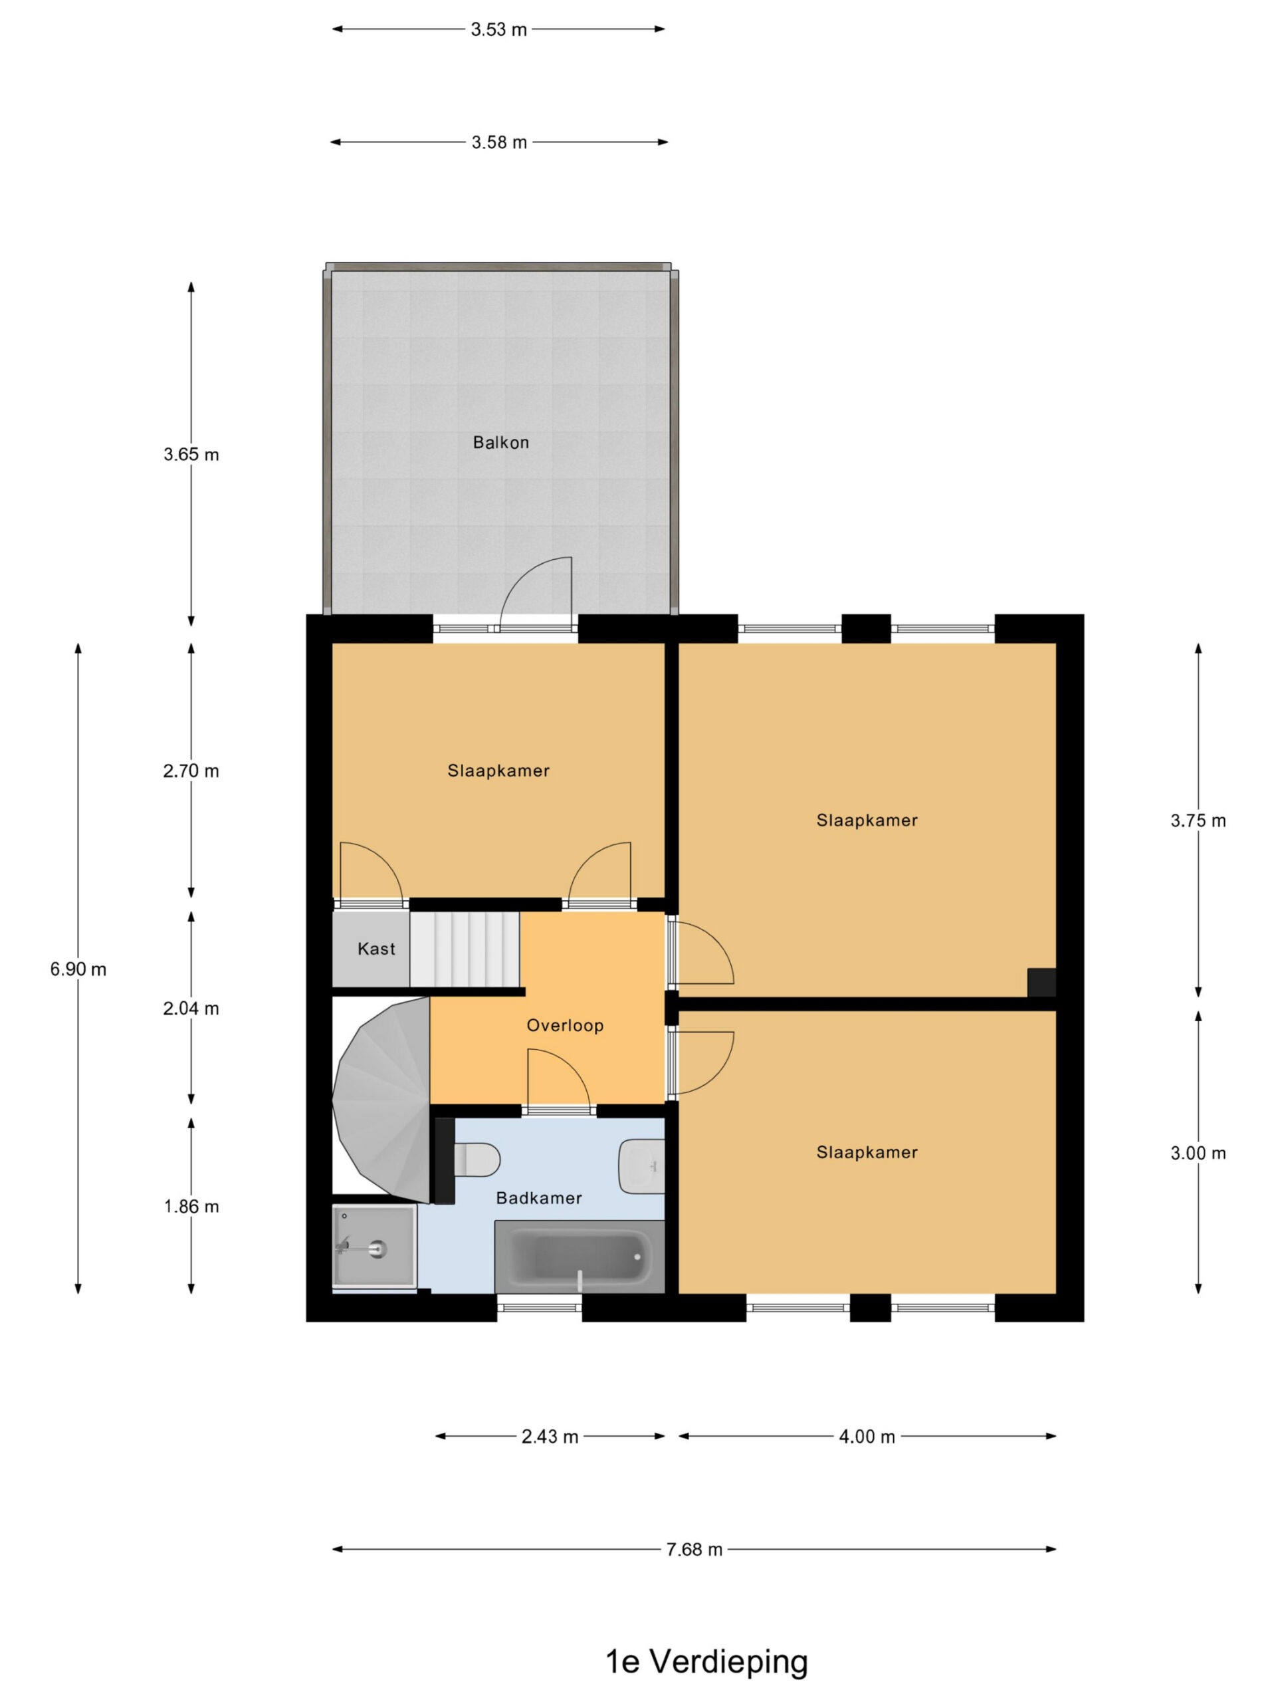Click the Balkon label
tap(500, 442)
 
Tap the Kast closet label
tap(376, 949)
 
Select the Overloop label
tap(564, 1025)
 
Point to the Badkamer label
tap(538, 1197)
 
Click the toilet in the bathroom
tap(477, 1159)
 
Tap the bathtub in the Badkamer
tap(579, 1257)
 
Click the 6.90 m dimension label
tap(78, 969)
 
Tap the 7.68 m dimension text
tap(694, 1550)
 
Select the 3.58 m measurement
tap(499, 142)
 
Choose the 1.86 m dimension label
tap(191, 1207)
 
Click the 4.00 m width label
tap(867, 1437)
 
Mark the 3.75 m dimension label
tap(1198, 821)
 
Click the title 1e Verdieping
tap(707, 1661)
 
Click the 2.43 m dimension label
tap(550, 1437)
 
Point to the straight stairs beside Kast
tap(465, 949)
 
